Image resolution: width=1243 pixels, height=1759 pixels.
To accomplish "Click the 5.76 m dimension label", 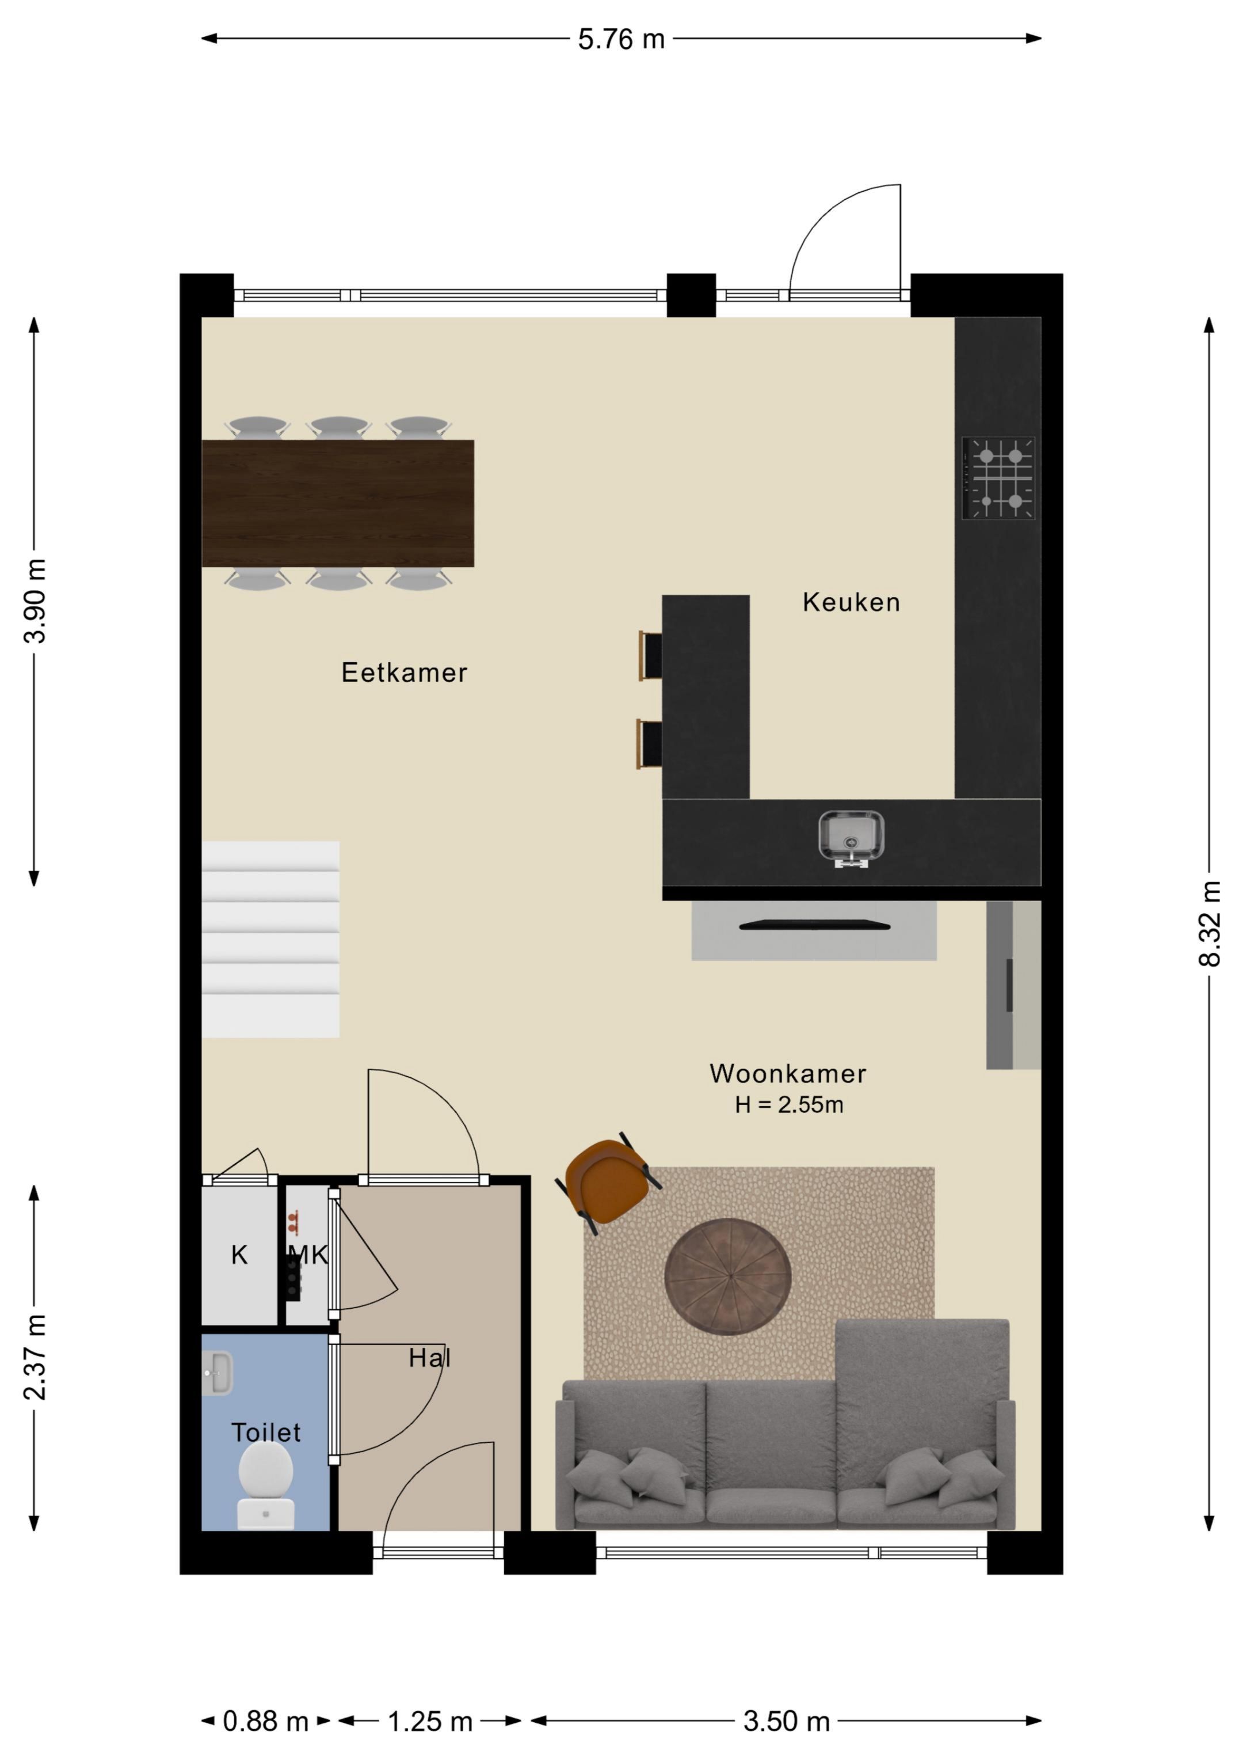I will click(x=621, y=39).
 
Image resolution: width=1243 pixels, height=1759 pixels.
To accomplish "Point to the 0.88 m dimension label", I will click(x=265, y=1722).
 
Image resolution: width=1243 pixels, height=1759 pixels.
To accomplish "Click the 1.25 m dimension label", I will click(x=430, y=1722).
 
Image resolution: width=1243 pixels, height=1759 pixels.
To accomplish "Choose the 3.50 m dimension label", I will click(x=787, y=1722).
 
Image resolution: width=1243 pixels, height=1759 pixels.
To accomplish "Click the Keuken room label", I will click(x=851, y=602).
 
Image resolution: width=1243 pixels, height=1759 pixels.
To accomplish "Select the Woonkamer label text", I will click(x=788, y=1073).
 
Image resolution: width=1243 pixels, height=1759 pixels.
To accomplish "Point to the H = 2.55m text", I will click(x=789, y=1105).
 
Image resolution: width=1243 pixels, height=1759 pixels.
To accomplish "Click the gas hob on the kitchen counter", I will click(x=998, y=478).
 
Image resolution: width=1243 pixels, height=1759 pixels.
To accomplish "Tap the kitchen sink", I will click(x=851, y=837).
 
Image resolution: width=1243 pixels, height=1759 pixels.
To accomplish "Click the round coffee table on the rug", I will click(x=727, y=1276).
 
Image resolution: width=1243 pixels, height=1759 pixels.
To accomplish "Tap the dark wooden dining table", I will click(x=338, y=503).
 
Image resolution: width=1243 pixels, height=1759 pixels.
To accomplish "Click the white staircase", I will click(x=270, y=939).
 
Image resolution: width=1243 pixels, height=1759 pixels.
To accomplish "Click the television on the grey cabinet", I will click(x=814, y=925).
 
